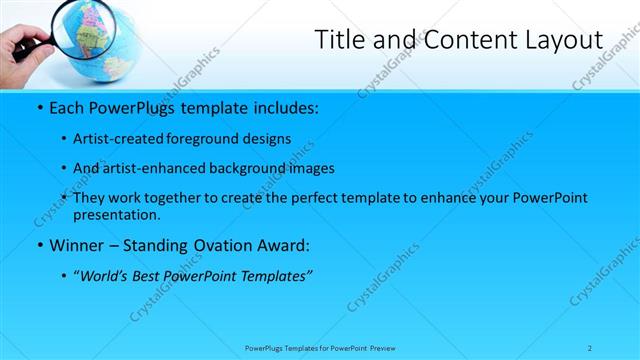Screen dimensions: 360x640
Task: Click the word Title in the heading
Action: click(341, 40)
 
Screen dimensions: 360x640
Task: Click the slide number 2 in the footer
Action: click(590, 348)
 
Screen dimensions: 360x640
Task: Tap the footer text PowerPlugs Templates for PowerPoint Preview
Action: click(319, 348)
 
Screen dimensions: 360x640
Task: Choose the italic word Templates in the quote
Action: click(270, 276)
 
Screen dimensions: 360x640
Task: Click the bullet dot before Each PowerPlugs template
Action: click(37, 106)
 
